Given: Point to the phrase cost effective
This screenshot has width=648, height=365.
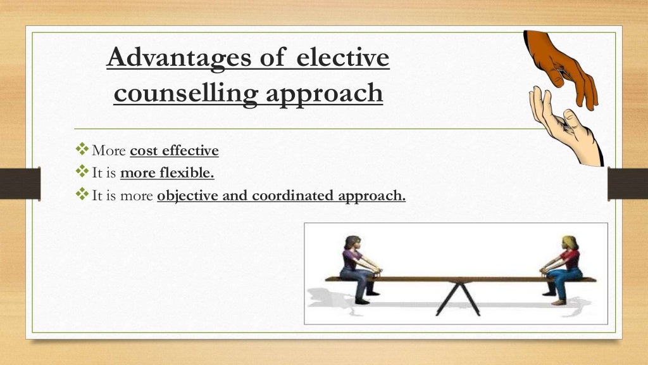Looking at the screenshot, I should point(174,151).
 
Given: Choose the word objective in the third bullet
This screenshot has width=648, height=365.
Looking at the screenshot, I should point(187,196).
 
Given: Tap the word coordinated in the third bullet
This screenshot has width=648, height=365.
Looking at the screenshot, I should point(294,196).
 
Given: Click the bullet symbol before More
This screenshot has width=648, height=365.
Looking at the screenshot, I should point(82,150).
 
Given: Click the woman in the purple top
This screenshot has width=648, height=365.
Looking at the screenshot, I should point(355,266).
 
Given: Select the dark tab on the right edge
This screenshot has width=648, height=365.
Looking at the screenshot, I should point(627,184).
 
